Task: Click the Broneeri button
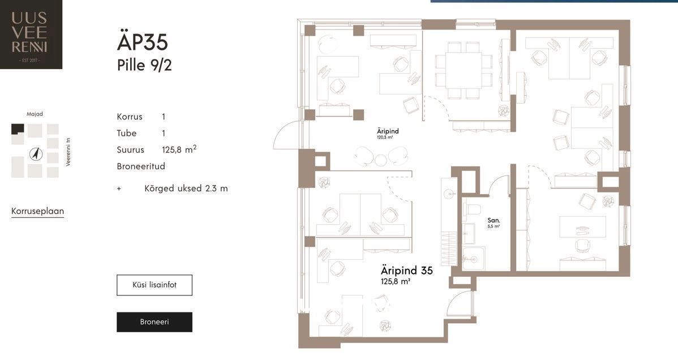click(x=155, y=322)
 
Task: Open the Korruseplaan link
click(x=37, y=211)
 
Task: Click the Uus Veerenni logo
click(x=31, y=34)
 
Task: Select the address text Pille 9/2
click(x=144, y=65)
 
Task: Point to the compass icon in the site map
click(x=36, y=153)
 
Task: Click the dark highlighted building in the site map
click(x=18, y=130)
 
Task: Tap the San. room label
click(x=494, y=220)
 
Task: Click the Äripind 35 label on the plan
click(x=406, y=271)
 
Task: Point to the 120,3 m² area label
click(x=384, y=138)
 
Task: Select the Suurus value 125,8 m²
click(x=179, y=149)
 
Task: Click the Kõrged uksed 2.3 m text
click(x=186, y=188)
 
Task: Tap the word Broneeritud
click(x=141, y=166)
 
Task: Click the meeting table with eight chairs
click(x=464, y=70)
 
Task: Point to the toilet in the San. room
click(x=472, y=209)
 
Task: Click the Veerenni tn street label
click(x=68, y=152)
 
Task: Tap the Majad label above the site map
click(x=35, y=114)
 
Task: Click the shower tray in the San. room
click(x=474, y=259)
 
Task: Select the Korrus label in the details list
click(x=130, y=117)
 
